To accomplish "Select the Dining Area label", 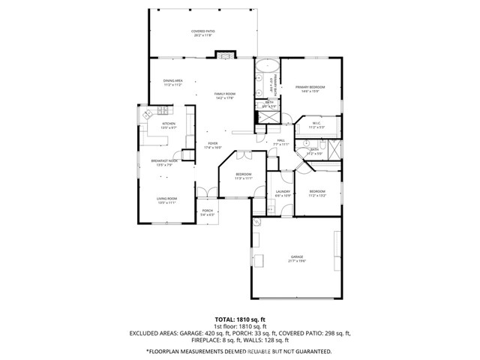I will (173, 83).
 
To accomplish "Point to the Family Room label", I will (225, 95).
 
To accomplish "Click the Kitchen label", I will (169, 125).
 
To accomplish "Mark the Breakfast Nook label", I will (163, 162).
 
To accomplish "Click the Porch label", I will (208, 212).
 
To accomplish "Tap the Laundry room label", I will (283, 193).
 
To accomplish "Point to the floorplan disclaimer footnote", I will (240, 351).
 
